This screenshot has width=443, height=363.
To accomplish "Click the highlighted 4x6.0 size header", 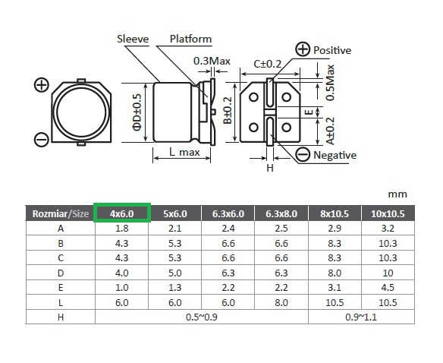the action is coord(122,213).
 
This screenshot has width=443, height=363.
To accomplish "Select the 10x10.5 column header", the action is coord(388,213).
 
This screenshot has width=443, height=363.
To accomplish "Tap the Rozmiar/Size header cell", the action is coord(61,213).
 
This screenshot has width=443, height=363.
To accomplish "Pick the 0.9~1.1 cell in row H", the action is coord(361,317).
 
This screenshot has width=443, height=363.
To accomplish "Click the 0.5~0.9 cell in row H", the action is coord(202,317).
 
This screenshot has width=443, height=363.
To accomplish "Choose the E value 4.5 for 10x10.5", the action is coord(388,288).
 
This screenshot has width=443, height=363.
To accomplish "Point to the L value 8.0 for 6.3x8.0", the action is coord(281,302).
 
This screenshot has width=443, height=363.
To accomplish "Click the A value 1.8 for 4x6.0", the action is coord(122,228).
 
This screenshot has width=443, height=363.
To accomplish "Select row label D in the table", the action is coord(61,273).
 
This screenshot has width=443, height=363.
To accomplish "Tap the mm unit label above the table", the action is coord(397,194).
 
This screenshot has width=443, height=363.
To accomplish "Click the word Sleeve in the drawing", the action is coord(133,39).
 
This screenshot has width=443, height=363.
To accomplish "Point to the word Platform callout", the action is coord(190,39).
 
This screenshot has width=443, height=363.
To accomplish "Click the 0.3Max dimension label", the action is coord(212,61).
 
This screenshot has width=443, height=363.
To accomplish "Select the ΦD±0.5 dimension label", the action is coord(137,112).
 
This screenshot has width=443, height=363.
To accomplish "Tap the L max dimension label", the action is coord(184,152).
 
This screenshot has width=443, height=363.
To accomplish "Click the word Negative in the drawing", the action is coord(335,155).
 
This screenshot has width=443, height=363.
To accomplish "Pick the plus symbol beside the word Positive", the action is coord(303,49).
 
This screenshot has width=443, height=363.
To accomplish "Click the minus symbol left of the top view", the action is coord(42,140).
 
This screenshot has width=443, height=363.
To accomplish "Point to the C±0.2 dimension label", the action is coord(267,64).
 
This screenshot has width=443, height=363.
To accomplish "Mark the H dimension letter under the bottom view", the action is coord(270,168).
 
